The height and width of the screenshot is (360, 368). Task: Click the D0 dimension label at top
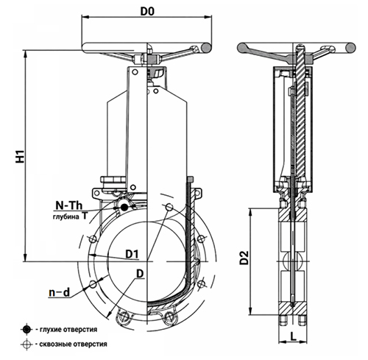point(147,11)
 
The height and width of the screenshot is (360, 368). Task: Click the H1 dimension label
point(21,156)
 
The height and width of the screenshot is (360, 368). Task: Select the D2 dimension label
point(244,258)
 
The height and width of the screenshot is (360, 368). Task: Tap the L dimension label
point(293,336)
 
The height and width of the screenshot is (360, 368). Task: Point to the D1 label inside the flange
point(132,254)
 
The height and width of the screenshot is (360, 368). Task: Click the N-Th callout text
point(69,205)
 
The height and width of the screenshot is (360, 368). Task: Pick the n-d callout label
point(59,292)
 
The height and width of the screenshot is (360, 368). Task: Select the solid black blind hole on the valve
point(124,208)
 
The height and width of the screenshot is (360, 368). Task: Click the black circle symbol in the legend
point(26,330)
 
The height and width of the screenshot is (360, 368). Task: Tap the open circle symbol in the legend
point(26,345)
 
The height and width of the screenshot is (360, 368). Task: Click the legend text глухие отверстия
point(68,329)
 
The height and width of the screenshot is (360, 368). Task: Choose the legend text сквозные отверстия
point(73,344)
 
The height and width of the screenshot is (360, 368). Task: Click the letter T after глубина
point(84,216)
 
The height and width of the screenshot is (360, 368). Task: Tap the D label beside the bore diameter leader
point(140,273)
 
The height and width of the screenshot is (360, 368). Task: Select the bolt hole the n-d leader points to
point(93,284)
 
